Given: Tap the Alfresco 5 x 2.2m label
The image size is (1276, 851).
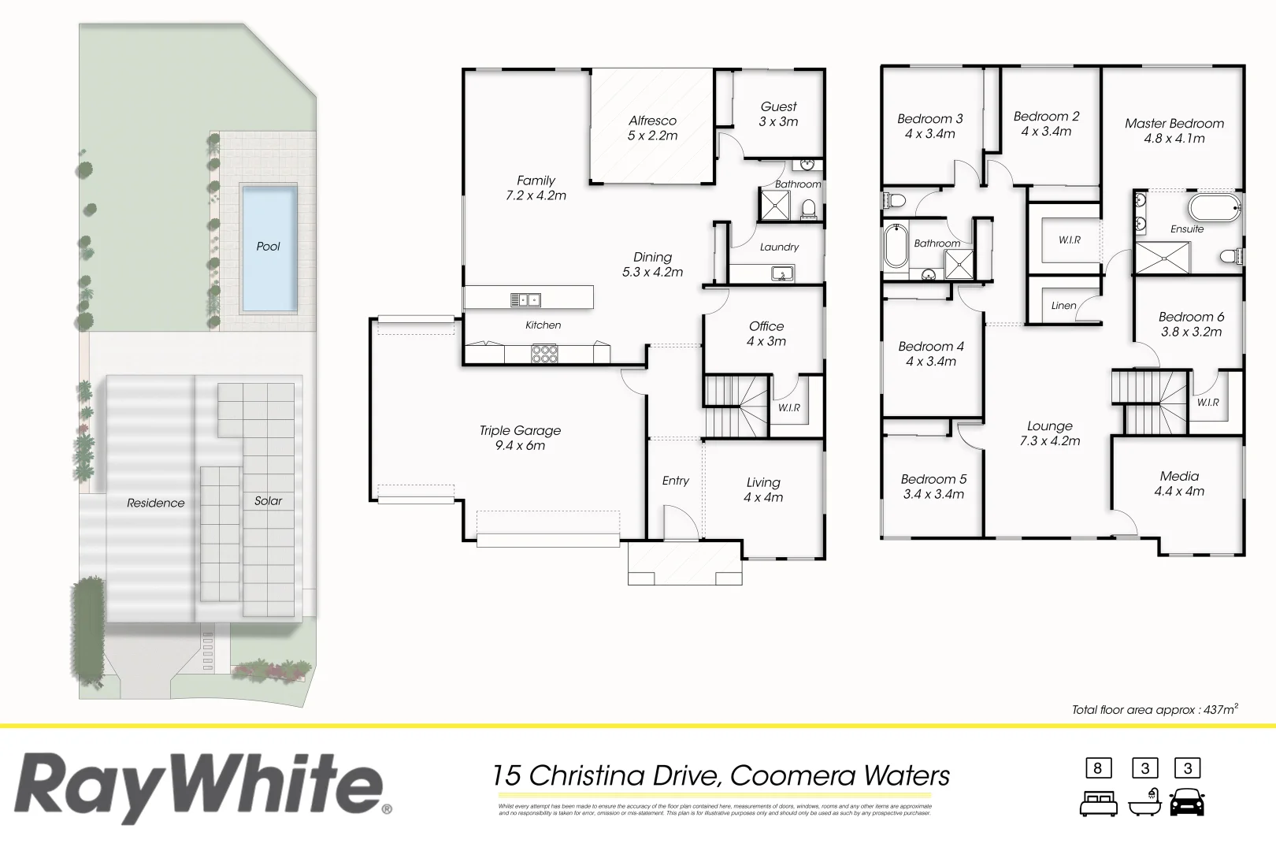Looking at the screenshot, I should [652, 128].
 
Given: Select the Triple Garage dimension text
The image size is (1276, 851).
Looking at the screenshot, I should [520, 446].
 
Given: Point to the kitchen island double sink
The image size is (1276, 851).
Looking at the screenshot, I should [525, 299].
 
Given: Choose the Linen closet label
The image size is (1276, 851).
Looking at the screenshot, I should [1063, 306].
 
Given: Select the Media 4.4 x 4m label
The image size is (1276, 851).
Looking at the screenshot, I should [1179, 483].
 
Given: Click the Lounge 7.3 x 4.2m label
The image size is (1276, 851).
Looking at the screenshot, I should [1049, 433].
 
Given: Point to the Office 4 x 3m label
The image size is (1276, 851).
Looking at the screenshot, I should [766, 333].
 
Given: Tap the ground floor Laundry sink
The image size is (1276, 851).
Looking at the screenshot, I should [782, 274].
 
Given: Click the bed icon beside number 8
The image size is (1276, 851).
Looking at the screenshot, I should [1098, 804].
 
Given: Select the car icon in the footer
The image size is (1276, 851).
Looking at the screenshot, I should [1187, 802].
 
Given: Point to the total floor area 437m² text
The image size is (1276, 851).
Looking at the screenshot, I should [1154, 710].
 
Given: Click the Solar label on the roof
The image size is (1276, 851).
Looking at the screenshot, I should [268, 501].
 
